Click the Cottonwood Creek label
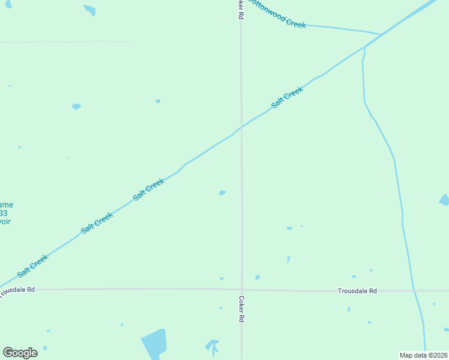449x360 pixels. click(277, 13)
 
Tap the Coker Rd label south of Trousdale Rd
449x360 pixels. click(241, 309)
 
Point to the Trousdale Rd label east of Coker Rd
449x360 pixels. click(357, 291)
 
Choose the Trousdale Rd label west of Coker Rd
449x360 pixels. click(17, 290)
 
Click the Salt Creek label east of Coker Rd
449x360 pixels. click(287, 97)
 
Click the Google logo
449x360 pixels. click(20, 353)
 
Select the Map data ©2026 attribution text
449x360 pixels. click(423, 355)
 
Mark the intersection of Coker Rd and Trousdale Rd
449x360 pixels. click(242, 290)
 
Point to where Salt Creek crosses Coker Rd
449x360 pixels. click(241, 127)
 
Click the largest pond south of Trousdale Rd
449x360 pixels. click(154, 343)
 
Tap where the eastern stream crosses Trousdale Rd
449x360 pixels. click(414, 290)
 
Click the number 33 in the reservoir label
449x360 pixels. click(4, 213)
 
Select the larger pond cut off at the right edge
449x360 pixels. click(444, 200)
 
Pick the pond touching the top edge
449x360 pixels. click(89, 10)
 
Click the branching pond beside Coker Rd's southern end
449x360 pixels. click(212, 346)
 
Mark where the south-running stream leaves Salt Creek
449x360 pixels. click(364, 47)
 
